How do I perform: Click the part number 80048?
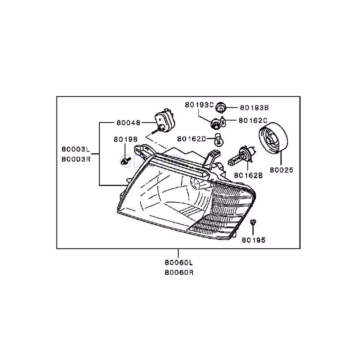pos(128,122)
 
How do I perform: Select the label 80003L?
pos(75,149)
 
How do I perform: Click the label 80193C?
pos(199,105)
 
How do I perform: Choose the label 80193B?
pos(254,107)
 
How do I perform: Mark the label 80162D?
pos(191,138)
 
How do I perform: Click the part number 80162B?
pos(248,175)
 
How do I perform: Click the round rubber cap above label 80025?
pos(273,139)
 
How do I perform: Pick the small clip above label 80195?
pos(253,223)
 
